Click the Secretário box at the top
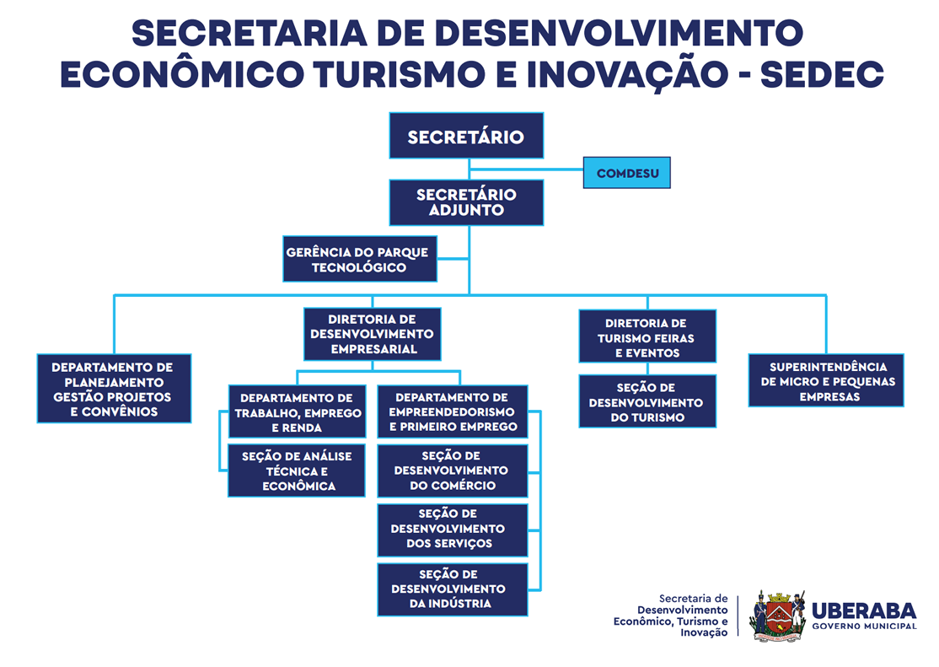466,136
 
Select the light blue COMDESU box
627,173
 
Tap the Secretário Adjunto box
466,202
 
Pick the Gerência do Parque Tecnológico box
360,259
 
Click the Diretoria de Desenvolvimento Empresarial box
373,335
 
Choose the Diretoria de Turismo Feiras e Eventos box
647,336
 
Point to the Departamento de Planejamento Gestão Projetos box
115,389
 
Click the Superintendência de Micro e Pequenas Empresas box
826,380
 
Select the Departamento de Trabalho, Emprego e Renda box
297,411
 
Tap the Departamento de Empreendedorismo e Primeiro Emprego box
453,411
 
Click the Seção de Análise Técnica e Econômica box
297,471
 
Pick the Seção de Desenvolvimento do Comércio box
453,471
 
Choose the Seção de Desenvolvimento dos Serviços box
453,530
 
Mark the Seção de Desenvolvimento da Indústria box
453,589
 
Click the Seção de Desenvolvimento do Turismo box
647,401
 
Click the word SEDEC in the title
822,74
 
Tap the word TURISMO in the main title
399,74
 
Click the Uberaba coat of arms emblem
777,616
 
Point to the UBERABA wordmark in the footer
864,611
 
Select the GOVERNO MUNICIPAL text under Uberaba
864,627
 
